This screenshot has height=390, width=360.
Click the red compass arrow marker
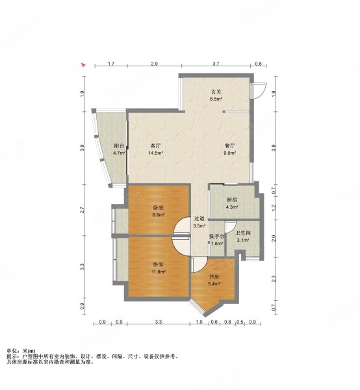[84, 65]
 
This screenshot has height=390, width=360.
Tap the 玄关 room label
[216, 92]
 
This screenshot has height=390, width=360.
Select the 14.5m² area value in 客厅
[156, 153]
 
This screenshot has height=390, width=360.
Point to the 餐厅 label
[229, 146]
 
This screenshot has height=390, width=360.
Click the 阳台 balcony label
[119, 146]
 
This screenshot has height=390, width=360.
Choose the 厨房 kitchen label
[232, 200]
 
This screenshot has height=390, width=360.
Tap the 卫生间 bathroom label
[243, 233]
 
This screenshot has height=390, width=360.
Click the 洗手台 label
[217, 237]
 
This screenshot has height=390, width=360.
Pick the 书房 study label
[214, 277]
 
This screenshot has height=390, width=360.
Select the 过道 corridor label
[199, 219]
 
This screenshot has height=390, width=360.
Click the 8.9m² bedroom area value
[159, 215]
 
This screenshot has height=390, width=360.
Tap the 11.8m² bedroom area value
[159, 272]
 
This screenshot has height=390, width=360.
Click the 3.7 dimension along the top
[216, 64]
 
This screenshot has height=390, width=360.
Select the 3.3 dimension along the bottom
[159, 322]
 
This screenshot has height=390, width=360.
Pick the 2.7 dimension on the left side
[83, 210]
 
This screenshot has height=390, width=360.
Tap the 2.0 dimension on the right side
[274, 239]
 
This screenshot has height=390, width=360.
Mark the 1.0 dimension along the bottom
[199, 322]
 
